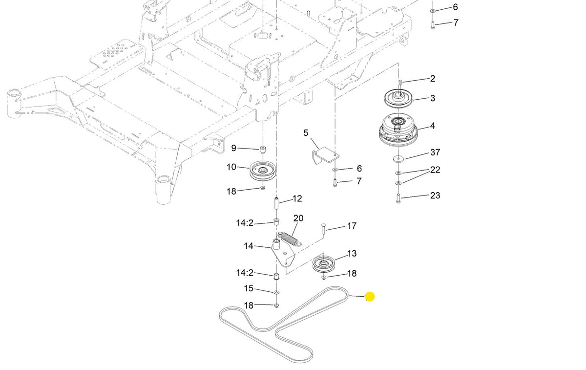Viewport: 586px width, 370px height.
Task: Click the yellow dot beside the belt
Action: [x=370, y=297]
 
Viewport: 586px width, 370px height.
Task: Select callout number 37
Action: [x=435, y=152]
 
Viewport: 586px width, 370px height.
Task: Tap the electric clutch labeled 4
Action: [x=398, y=130]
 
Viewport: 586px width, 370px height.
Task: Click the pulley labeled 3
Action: [x=398, y=98]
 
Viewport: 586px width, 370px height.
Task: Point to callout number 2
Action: [x=433, y=79]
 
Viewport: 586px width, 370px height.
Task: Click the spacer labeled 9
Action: [x=263, y=150]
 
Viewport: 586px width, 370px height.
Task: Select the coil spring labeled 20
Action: [x=290, y=239]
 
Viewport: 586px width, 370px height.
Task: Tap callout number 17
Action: [x=352, y=226]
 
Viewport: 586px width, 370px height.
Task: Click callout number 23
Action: [x=435, y=196]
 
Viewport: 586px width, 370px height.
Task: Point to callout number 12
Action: [x=297, y=198]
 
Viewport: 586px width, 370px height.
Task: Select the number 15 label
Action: [x=249, y=288]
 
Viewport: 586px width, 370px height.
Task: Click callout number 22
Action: [x=435, y=170]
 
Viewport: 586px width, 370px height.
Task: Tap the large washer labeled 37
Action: [x=398, y=159]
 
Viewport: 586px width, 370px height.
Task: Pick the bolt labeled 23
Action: [x=398, y=198]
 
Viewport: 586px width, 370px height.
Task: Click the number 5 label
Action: [x=306, y=133]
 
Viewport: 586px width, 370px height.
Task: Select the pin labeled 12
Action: [x=276, y=204]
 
